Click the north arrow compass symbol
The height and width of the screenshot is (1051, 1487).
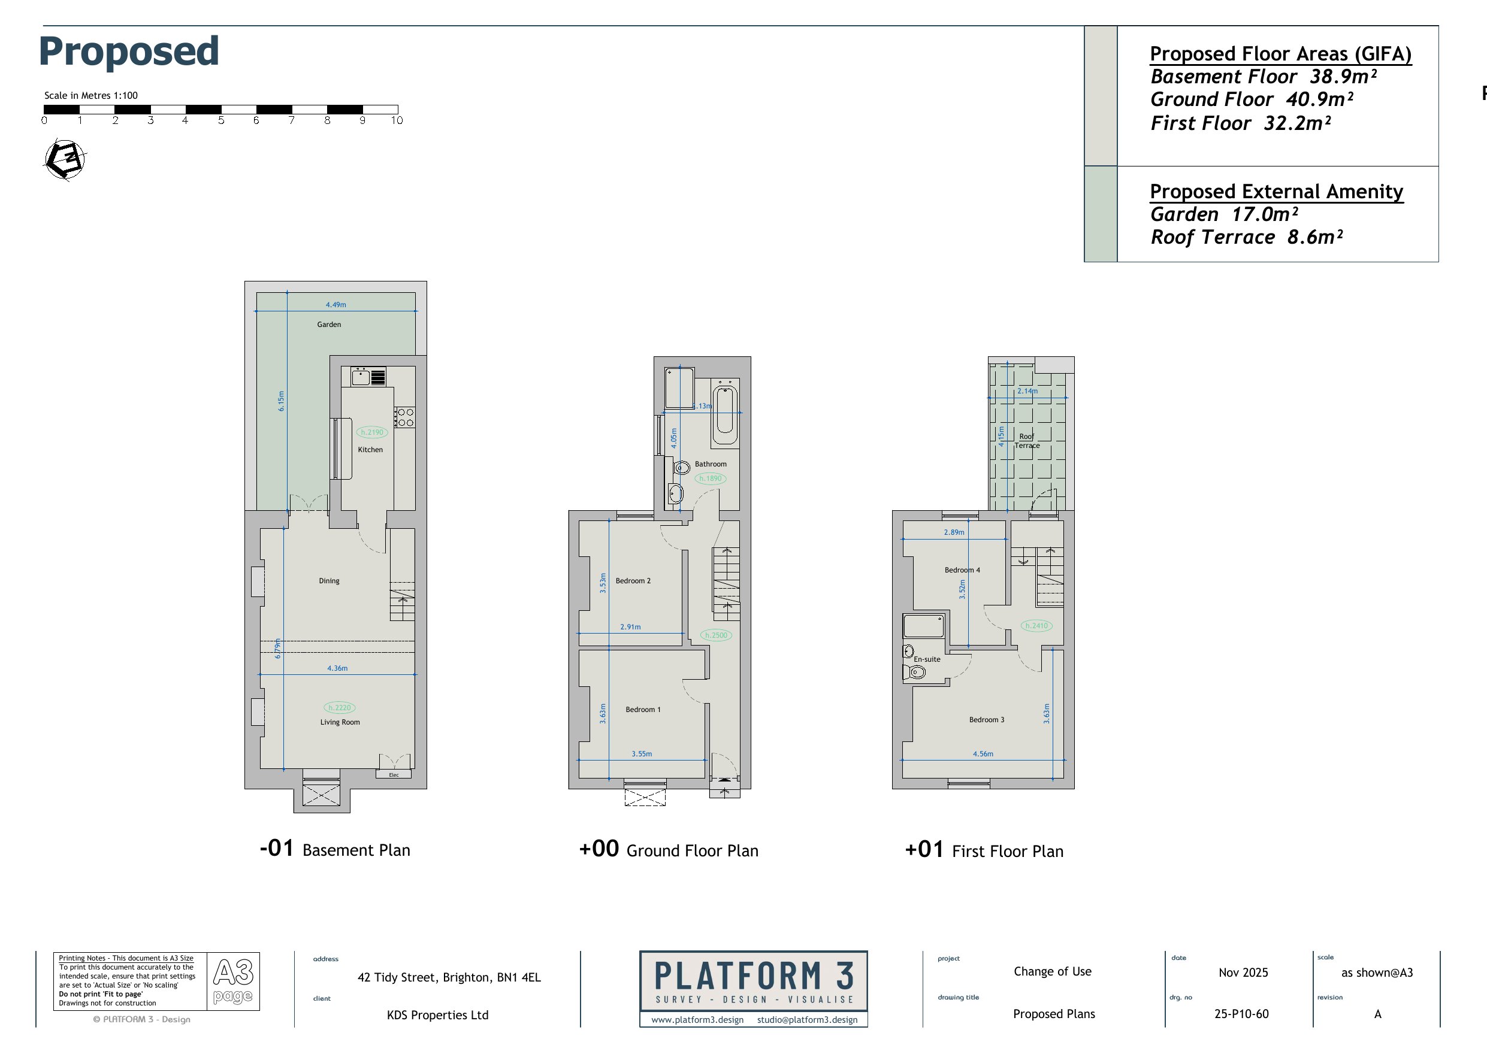click(65, 159)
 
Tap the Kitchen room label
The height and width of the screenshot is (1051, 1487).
click(370, 449)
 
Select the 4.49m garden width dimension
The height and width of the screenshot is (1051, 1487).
click(336, 304)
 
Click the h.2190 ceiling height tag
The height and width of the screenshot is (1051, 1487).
click(371, 432)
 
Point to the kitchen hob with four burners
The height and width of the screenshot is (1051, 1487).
click(405, 417)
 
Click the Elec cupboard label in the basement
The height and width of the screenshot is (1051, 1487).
click(394, 774)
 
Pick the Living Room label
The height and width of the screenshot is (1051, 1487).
click(340, 722)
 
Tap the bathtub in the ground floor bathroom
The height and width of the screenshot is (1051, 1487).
click(726, 412)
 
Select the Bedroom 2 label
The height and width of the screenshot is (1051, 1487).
click(633, 581)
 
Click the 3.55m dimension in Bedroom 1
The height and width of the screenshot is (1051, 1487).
click(642, 754)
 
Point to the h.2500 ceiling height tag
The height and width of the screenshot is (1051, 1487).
click(717, 635)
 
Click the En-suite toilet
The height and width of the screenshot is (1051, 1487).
click(914, 672)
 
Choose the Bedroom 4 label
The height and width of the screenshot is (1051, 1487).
click(962, 570)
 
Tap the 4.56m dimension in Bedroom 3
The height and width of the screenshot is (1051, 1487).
click(983, 754)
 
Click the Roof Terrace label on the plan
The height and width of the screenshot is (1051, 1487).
click(1027, 441)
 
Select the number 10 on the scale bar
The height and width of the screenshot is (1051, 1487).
click(397, 120)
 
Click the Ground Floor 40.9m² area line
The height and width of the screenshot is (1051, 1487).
click(1252, 100)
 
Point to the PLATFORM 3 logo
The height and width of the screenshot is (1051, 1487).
click(753, 988)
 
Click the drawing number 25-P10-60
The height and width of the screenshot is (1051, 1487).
click(1241, 1014)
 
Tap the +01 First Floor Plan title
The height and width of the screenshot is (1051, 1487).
click(984, 850)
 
